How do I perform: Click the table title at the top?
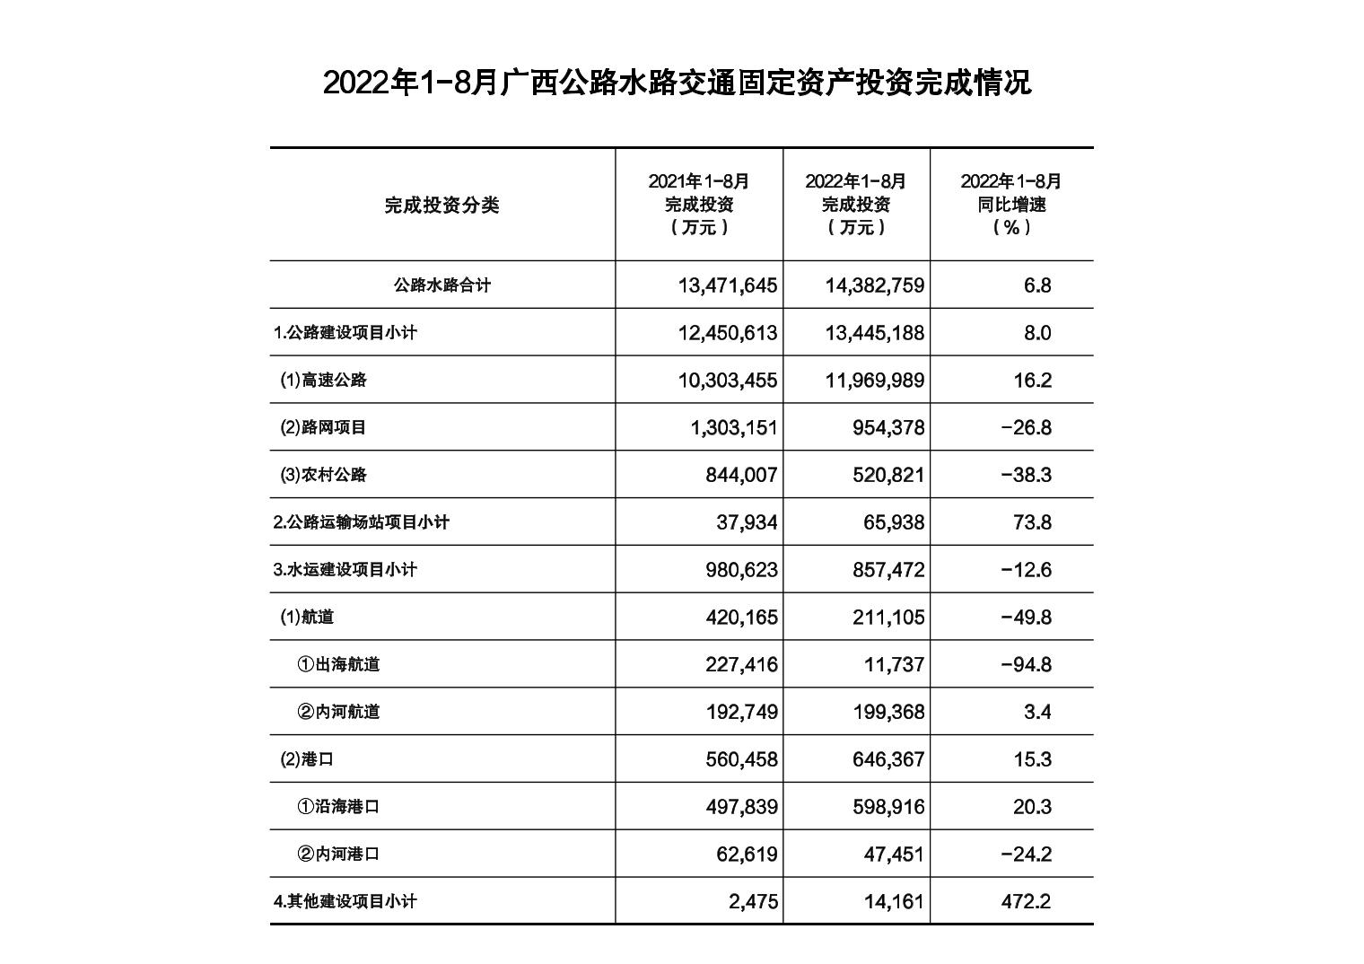click(x=677, y=83)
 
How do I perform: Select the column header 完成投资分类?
click(x=442, y=205)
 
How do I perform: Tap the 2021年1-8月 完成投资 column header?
click(x=699, y=204)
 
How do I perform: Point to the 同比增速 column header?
click(x=1011, y=204)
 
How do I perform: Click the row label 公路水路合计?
click(x=442, y=285)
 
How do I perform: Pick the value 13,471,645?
click(x=728, y=285)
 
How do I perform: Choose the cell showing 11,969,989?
click(x=874, y=381)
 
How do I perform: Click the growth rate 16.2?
click(x=1032, y=381)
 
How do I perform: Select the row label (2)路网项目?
click(x=323, y=427)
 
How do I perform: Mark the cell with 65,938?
click(x=888, y=522)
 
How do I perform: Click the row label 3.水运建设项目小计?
click(x=345, y=569)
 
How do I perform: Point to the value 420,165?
click(x=741, y=618)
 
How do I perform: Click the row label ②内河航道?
click(x=338, y=712)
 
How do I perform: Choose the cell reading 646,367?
click(x=888, y=759)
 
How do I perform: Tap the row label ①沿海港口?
click(x=338, y=807)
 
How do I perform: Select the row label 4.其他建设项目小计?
click(x=345, y=901)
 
